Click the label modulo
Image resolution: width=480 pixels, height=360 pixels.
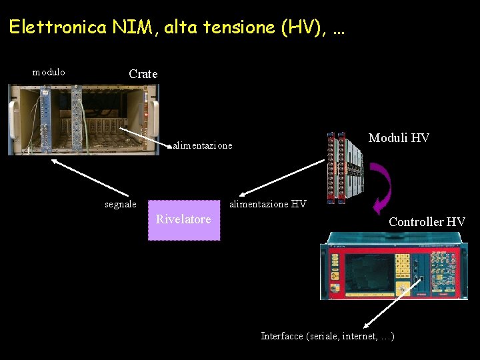[x=49, y=72]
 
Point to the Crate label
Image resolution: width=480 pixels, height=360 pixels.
[x=143, y=74]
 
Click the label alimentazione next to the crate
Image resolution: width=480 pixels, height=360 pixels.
[x=203, y=145]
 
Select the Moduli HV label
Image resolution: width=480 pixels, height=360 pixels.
[x=399, y=138]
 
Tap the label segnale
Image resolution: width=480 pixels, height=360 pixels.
[x=121, y=204]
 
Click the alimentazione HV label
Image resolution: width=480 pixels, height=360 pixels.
[x=267, y=204]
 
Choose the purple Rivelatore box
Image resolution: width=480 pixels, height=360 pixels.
[x=183, y=219]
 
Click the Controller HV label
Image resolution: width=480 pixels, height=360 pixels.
[x=427, y=221]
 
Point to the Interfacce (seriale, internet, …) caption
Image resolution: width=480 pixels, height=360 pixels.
[x=327, y=336]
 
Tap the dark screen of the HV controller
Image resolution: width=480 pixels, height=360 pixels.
[x=367, y=272]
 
